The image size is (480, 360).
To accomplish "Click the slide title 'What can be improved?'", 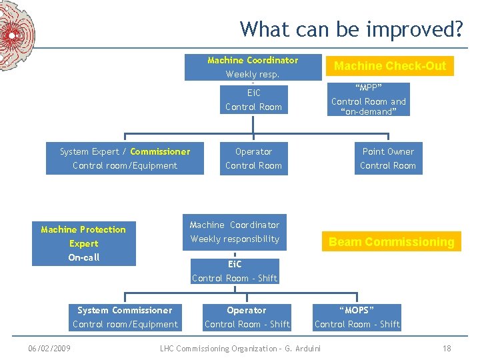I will click(351, 29).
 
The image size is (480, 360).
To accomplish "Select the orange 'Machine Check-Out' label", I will click(389, 65).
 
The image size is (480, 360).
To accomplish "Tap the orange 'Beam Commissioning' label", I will click(391, 242).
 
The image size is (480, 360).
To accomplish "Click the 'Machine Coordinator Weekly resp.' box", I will click(253, 67).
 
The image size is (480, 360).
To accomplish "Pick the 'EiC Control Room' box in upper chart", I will click(253, 99).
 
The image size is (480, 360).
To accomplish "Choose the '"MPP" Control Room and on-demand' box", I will click(369, 99).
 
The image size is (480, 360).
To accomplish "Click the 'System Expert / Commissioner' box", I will click(125, 159).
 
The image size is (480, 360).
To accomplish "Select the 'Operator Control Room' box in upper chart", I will click(253, 159).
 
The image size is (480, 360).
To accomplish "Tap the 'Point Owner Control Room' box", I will click(388, 159).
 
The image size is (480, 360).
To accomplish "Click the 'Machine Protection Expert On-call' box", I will click(83, 243).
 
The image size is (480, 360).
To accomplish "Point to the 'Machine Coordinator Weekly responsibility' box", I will click(235, 232).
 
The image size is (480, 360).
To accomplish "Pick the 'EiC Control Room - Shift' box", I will click(235, 271).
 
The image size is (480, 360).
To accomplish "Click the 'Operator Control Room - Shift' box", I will click(247, 317).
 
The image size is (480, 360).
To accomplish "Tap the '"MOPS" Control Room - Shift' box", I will click(357, 317).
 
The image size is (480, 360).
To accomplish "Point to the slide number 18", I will click(447, 349).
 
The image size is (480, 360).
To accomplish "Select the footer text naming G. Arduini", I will click(241, 349).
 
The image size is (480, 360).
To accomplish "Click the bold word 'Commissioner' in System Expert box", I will click(160, 151).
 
